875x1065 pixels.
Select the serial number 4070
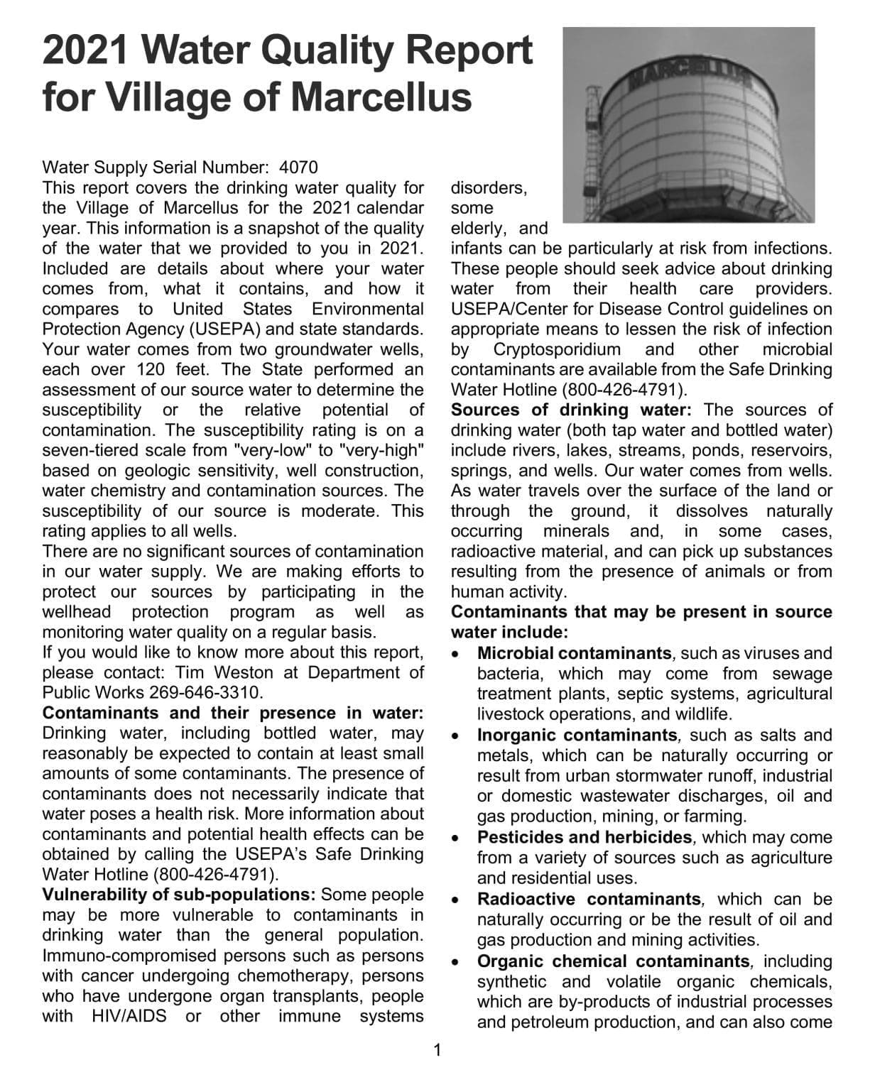pos(299,168)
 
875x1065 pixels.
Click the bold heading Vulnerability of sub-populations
pos(180,895)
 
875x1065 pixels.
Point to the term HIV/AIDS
pos(129,1016)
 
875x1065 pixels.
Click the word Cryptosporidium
pos(557,350)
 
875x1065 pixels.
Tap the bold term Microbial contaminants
pos(574,653)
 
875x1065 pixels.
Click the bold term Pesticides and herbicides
pos(584,838)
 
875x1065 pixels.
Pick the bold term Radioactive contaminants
pos(589,900)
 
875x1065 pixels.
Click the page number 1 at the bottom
pos(437,1049)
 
